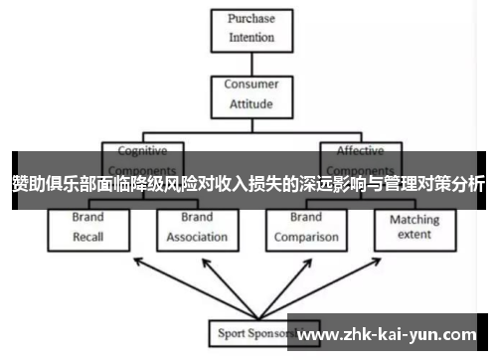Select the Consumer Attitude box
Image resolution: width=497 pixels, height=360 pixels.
[250, 93]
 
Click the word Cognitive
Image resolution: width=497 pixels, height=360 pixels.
[143, 151]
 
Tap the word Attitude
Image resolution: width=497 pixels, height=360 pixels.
[250, 102]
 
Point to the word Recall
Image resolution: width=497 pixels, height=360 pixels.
[88, 237]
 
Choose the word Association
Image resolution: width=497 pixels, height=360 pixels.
[197, 237]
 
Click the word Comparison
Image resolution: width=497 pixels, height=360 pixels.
[305, 237]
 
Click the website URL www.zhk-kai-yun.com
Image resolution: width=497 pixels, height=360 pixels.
[388, 333]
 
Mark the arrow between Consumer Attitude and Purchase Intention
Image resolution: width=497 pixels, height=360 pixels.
[250, 63]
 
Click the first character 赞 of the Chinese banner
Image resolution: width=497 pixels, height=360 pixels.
[21, 184]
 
